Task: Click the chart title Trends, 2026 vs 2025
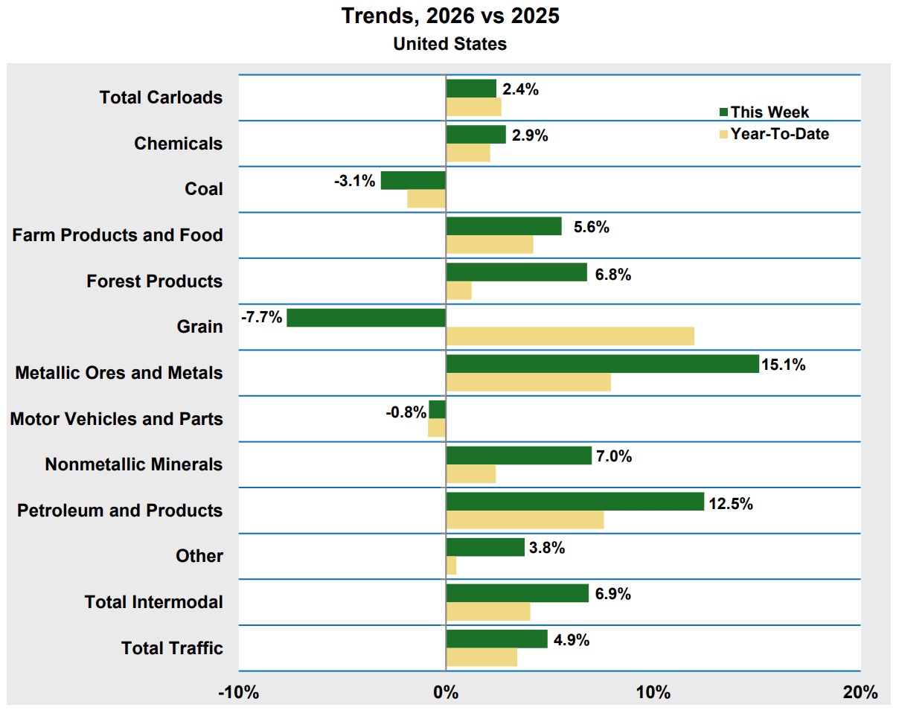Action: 450,16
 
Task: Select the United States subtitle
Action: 450,44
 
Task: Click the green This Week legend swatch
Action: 723,112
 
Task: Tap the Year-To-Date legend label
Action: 779,134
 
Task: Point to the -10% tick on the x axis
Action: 239,693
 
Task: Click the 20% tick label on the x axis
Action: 860,693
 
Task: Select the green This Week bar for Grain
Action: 366,318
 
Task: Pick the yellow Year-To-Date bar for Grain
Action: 570,336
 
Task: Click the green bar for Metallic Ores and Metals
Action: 602,364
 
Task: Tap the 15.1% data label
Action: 784,365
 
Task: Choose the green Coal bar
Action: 413,180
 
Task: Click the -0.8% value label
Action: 406,413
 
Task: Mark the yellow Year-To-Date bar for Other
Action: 451,566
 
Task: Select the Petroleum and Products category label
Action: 120,511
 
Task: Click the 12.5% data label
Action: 731,504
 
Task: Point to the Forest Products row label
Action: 155,281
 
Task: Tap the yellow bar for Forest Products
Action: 458,290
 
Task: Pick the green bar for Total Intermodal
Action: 517,593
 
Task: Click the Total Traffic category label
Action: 172,648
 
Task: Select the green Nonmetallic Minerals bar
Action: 519,456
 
